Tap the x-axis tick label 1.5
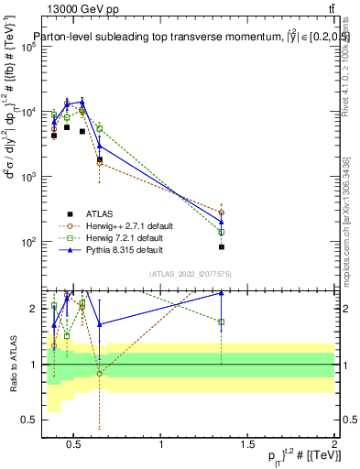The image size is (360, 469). (x=247, y=446)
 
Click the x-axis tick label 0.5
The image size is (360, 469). (x=76, y=446)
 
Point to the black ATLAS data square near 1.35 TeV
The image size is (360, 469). (x=222, y=247)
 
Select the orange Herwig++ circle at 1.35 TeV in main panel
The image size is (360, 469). (x=222, y=213)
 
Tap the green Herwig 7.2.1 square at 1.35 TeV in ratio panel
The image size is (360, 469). (x=222, y=322)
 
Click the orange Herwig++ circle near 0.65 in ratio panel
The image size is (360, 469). (x=99, y=374)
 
